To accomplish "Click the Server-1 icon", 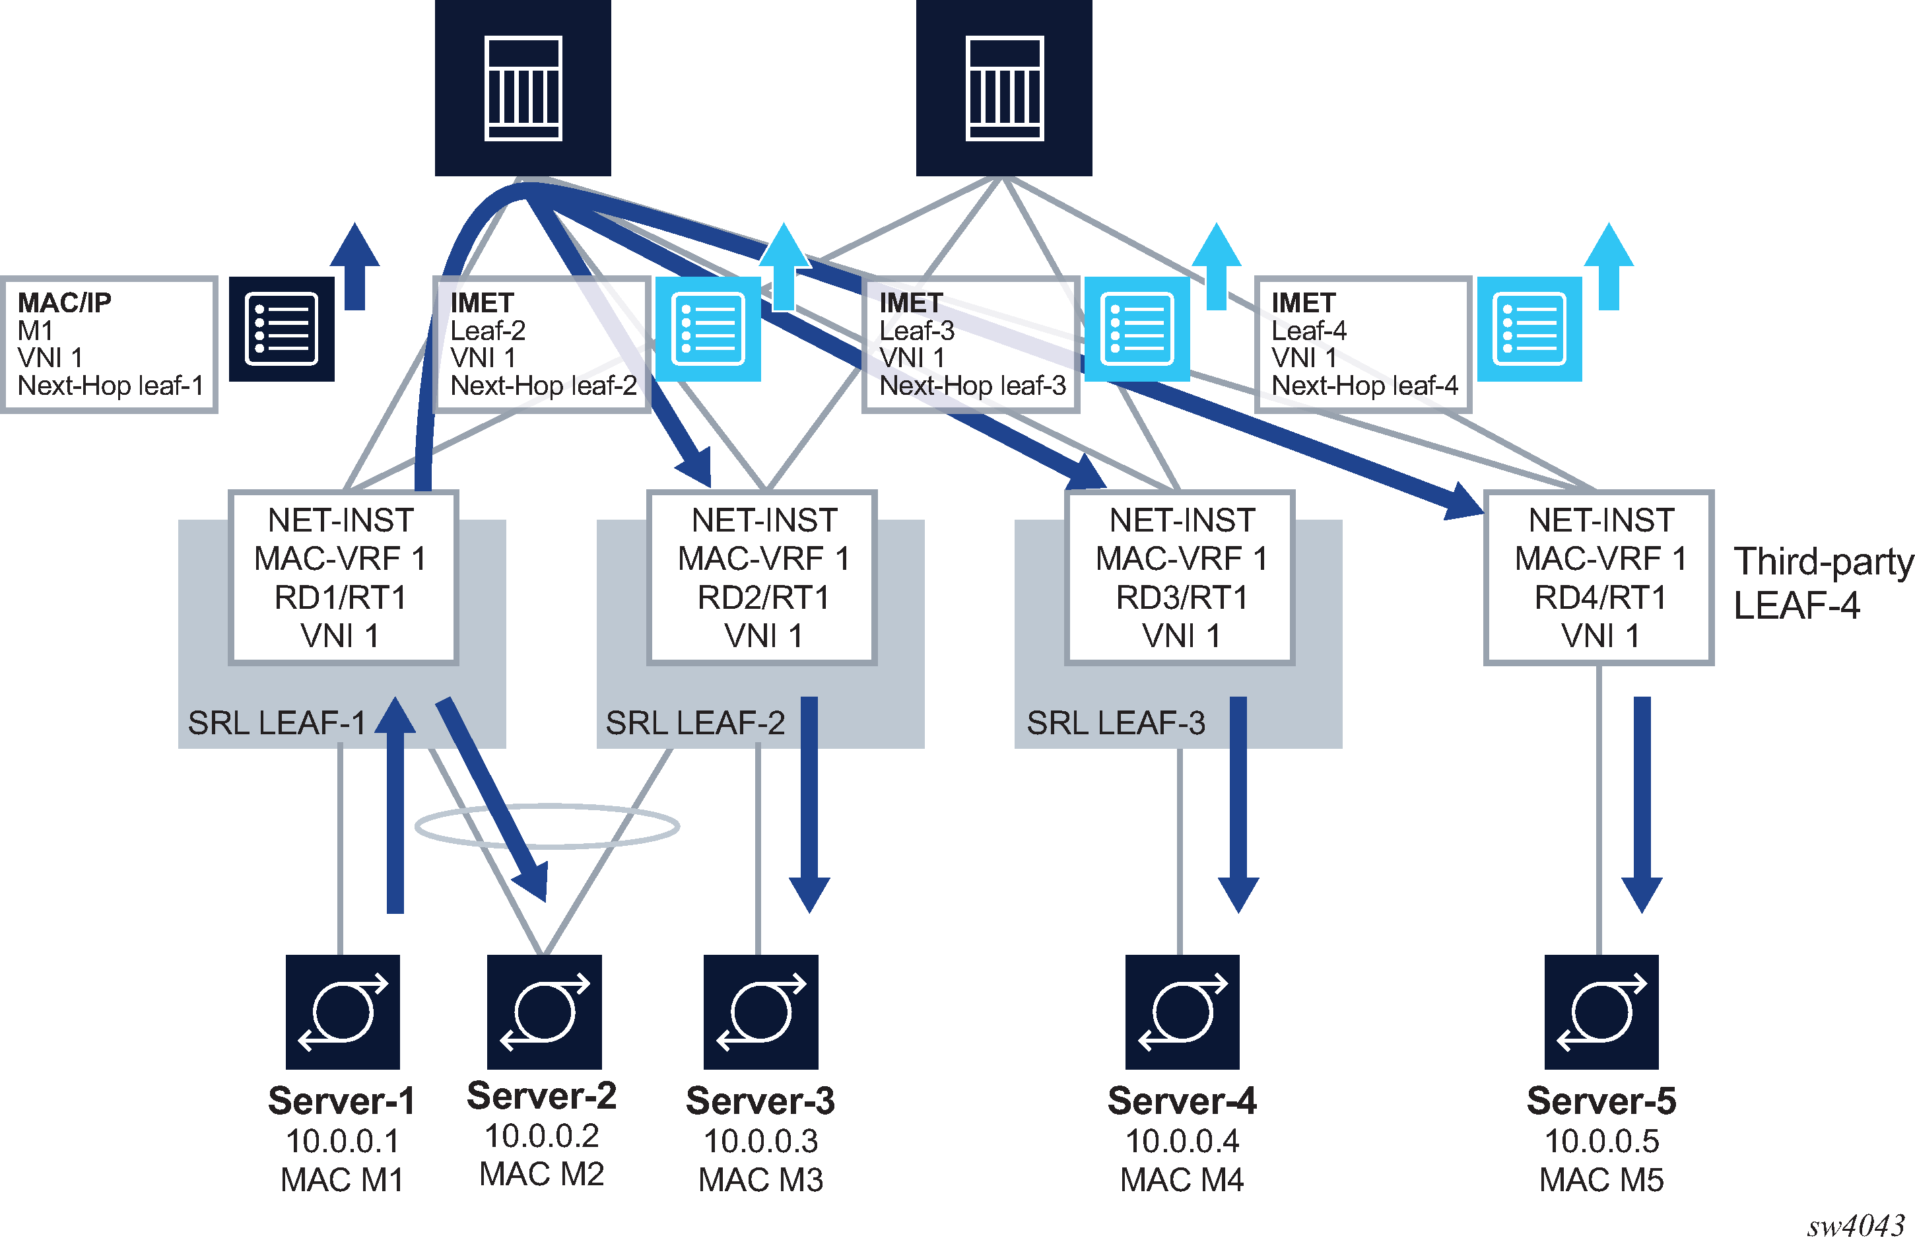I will point(343,1012).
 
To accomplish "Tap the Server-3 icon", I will point(760,1012).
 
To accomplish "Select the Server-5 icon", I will point(1601,1012).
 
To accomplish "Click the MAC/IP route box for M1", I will point(110,345).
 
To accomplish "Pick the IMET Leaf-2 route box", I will point(541,345).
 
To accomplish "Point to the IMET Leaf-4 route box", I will point(1363,345).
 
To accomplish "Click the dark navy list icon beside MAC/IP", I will point(282,329).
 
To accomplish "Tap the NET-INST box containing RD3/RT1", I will point(1180,577).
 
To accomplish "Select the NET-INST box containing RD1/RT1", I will point(343,577).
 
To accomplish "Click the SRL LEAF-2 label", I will point(694,723).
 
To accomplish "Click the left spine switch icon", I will point(523,88).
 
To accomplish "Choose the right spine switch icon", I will point(1004,88).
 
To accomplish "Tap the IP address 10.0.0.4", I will point(1182,1140).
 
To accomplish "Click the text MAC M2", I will point(541,1175).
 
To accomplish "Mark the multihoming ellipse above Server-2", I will point(547,826).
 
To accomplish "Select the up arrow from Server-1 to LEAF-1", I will point(395,805).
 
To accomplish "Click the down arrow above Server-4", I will point(1238,805).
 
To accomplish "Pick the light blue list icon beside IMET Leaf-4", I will point(1529,329).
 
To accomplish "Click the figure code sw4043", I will point(1856,1226).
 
